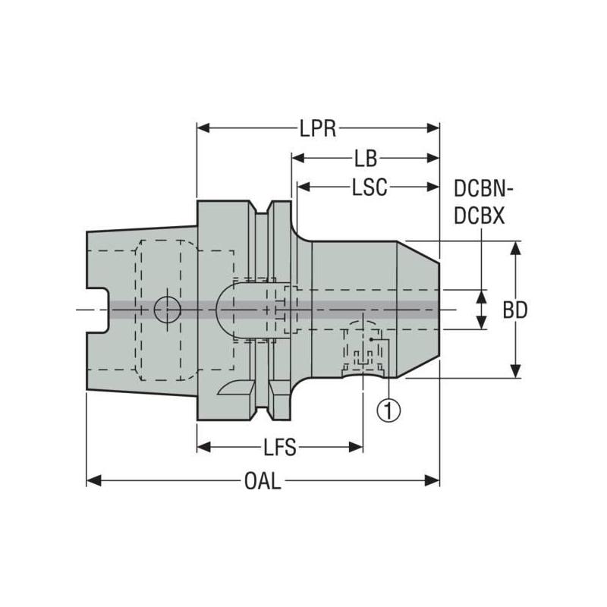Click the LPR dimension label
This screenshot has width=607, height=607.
[x=317, y=127]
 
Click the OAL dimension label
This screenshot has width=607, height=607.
[x=263, y=481]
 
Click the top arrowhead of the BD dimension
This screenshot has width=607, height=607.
[x=516, y=247]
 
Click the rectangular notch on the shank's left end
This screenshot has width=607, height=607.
[x=97, y=309]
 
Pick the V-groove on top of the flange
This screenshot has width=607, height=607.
[x=263, y=207]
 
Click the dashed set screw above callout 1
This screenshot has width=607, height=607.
[x=363, y=345]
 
